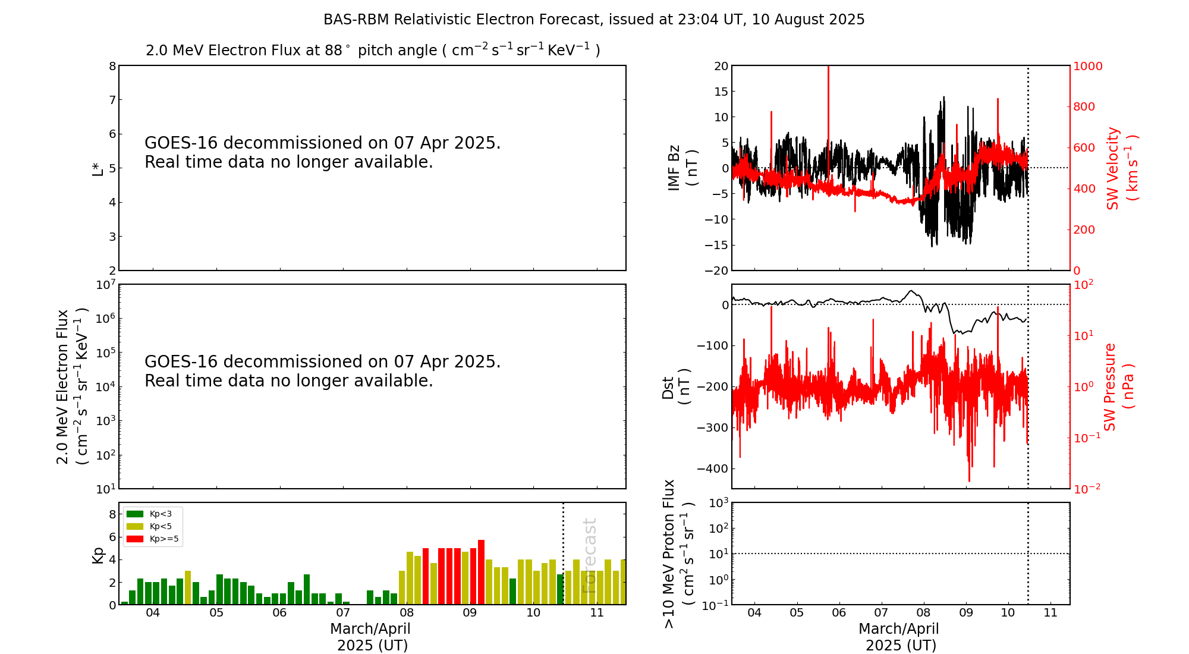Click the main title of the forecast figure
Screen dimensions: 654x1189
(594, 20)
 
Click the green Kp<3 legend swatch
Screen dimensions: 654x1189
(135, 514)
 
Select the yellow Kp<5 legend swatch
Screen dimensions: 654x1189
(135, 526)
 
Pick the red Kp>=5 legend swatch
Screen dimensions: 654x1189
(135, 539)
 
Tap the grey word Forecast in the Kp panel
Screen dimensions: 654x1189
(589, 555)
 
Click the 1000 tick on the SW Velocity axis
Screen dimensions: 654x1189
(1087, 66)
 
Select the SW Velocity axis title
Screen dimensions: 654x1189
(1121, 168)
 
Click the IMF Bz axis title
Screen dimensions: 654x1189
(682, 168)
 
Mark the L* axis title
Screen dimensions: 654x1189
(97, 168)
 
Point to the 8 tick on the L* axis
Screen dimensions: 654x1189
(112, 66)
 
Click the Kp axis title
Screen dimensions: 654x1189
(97, 554)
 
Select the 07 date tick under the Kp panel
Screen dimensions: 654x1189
(343, 613)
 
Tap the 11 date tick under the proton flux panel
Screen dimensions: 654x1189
(1050, 613)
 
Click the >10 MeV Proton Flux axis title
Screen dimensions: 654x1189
(678, 554)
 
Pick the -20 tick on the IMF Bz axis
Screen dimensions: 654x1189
(716, 271)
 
